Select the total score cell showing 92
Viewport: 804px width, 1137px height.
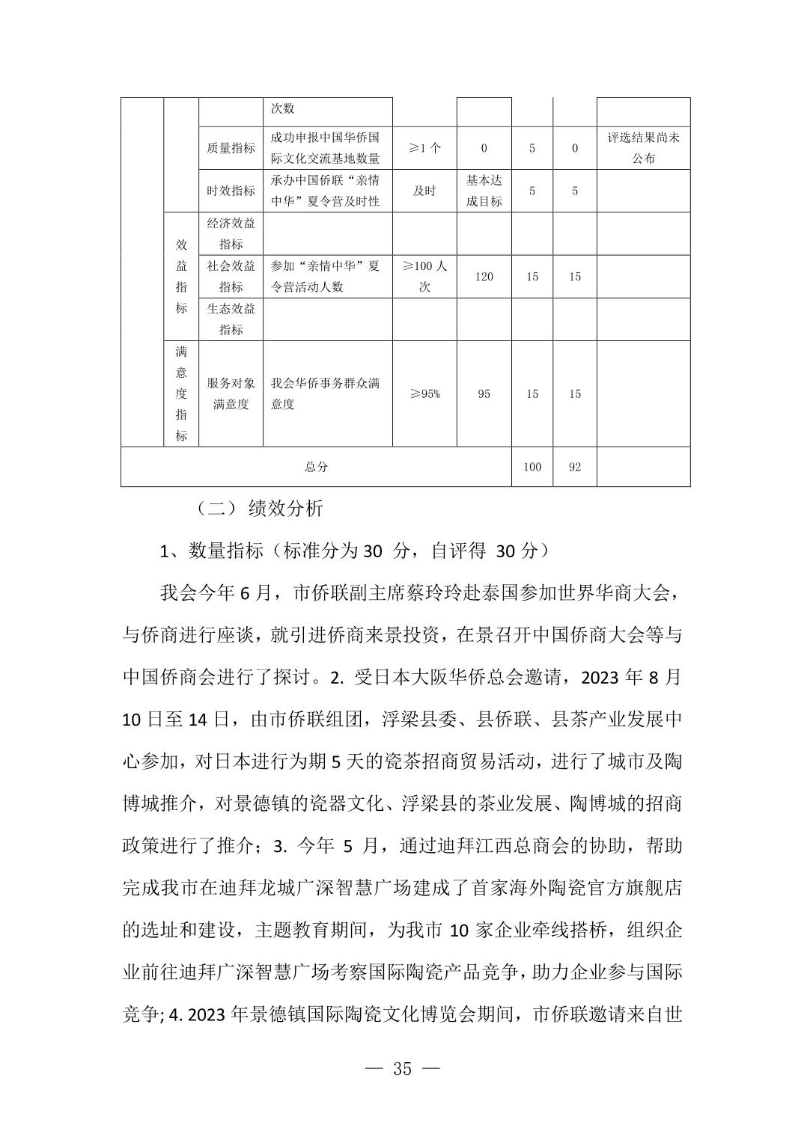click(574, 467)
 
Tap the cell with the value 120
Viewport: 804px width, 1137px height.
click(484, 277)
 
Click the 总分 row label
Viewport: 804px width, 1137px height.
click(316, 467)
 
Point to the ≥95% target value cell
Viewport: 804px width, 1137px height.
click(424, 394)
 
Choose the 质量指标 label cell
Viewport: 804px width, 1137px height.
click(231, 148)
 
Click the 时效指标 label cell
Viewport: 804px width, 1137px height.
click(231, 191)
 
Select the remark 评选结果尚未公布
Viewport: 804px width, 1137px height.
click(643, 148)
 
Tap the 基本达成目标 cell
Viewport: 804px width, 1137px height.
click(484, 191)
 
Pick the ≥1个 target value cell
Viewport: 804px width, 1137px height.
click(424, 148)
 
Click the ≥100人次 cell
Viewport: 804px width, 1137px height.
click(424, 277)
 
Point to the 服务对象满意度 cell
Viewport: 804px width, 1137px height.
click(231, 394)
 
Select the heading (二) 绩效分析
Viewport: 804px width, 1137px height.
click(259, 509)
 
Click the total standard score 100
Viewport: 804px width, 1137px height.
click(532, 467)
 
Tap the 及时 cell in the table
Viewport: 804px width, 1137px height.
click(424, 191)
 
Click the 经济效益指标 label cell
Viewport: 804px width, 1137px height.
click(231, 233)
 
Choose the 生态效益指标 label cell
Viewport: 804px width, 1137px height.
click(231, 319)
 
